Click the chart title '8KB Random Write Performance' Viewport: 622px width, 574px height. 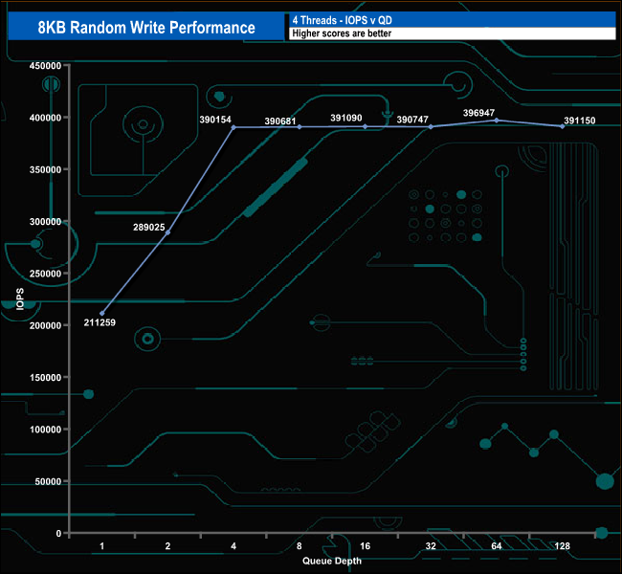coord(146,27)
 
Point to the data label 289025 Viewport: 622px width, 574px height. coord(151,229)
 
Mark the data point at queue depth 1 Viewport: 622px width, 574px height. coord(102,313)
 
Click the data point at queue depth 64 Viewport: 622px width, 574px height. coord(497,120)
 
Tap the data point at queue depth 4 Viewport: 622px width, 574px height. coord(233,126)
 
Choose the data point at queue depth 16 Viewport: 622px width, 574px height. coord(366,126)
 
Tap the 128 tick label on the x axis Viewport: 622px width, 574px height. coord(563,546)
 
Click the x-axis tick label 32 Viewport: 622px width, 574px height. coord(431,546)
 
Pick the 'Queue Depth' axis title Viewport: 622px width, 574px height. coord(331,561)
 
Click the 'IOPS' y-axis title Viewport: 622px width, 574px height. coord(20,298)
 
